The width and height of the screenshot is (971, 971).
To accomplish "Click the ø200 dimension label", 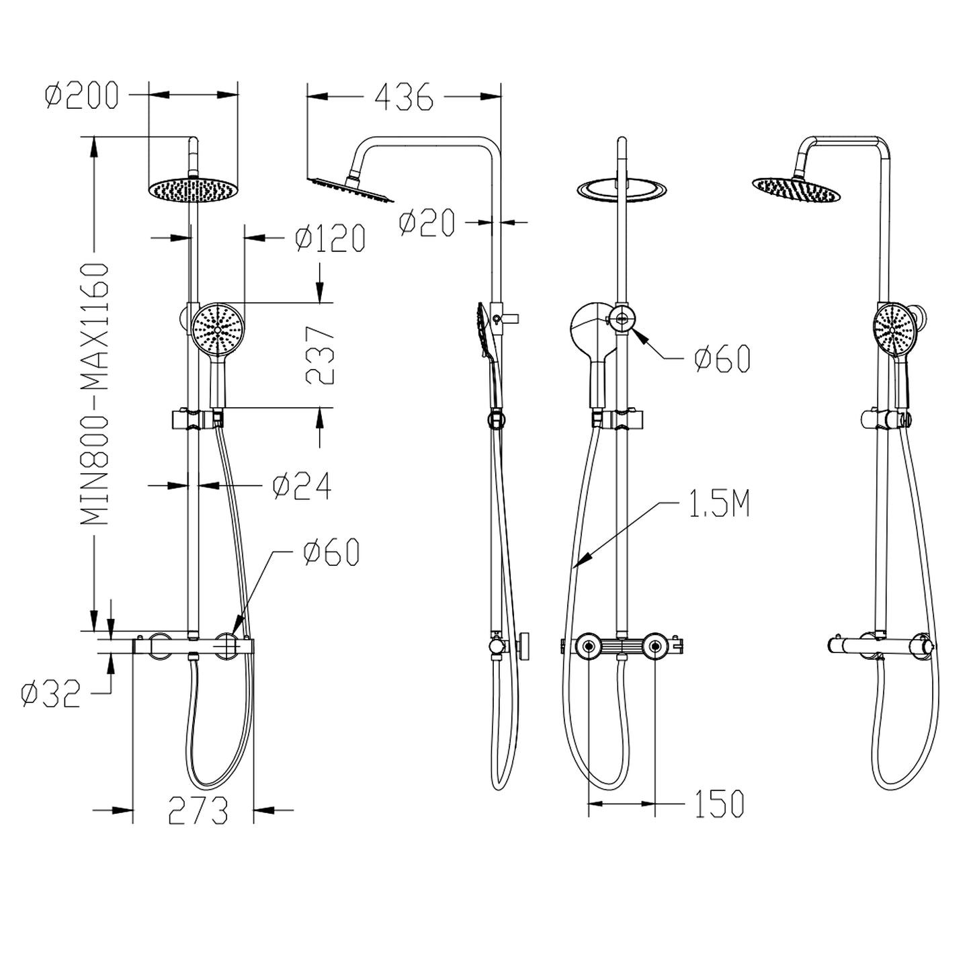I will tap(81, 95).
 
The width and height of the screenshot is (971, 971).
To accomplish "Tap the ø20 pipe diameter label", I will tap(427, 223).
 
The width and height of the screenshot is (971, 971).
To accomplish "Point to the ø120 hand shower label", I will tap(330, 239).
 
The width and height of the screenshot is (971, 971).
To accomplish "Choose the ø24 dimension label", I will tap(302, 487).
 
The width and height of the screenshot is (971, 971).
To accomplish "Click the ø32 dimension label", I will tap(50, 694).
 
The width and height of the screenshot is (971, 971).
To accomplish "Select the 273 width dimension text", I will tap(198, 811).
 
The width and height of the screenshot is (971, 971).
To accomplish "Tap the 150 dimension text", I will tap(718, 804).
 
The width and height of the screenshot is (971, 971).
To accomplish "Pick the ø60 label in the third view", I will tap(722, 360).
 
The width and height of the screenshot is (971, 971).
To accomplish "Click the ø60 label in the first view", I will tap(331, 552).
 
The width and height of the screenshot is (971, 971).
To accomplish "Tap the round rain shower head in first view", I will tap(194, 189).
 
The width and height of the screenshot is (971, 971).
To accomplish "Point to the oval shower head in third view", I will tap(623, 189).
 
